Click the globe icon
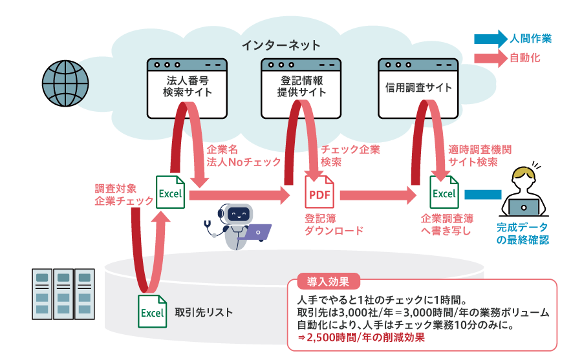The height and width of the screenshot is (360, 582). coord(65,84)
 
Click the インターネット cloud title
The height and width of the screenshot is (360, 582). coord(281,45)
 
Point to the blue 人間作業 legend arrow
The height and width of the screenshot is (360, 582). coord(490,39)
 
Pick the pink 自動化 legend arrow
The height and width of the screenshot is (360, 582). coord(490,58)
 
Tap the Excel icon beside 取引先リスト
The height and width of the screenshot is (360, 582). coord(153,311)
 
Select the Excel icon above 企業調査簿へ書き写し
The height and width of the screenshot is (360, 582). coord(444,192)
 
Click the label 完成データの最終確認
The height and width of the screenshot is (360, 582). coord(522,233)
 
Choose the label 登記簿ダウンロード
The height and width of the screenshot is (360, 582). coord(333,224)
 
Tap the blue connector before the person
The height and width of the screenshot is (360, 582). coord(482,194)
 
